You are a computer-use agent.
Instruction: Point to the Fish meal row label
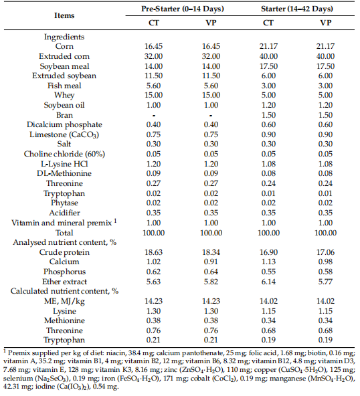[x=64, y=86]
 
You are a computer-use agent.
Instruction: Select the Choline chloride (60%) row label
[x=64, y=153]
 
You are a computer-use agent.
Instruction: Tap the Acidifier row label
[x=64, y=209]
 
